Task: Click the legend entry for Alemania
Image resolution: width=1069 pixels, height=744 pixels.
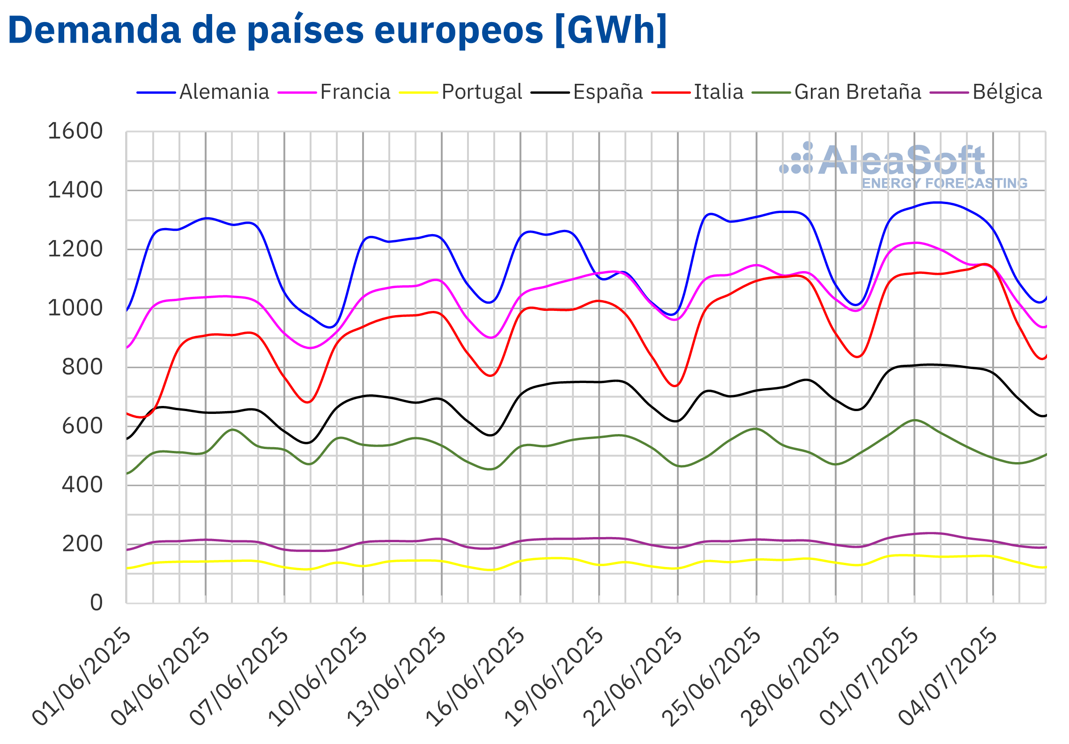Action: pos(224,92)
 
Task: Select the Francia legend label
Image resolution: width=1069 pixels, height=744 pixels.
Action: pos(355,92)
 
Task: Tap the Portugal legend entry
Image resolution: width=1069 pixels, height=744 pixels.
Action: pos(482,92)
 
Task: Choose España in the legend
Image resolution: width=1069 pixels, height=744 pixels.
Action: pos(608,92)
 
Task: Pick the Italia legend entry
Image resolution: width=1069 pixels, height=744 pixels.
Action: pos(718,92)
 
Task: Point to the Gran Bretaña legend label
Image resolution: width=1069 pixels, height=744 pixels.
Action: pos(857,92)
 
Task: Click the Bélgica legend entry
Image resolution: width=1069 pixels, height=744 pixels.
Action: pos(1007,92)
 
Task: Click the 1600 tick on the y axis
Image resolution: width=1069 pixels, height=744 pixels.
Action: pos(75,131)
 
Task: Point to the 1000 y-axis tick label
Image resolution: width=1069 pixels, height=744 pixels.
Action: pos(75,308)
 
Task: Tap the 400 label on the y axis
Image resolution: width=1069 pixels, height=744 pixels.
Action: pos(82,485)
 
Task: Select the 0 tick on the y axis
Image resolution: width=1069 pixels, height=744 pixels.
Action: pos(97,603)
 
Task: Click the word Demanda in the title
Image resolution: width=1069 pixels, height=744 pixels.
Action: pos(94,30)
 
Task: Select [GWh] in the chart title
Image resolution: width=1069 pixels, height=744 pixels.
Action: pos(610,30)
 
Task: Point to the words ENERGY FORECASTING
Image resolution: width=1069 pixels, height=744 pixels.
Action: pos(944,183)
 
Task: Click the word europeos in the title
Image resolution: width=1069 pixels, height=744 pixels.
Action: pos(459,30)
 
